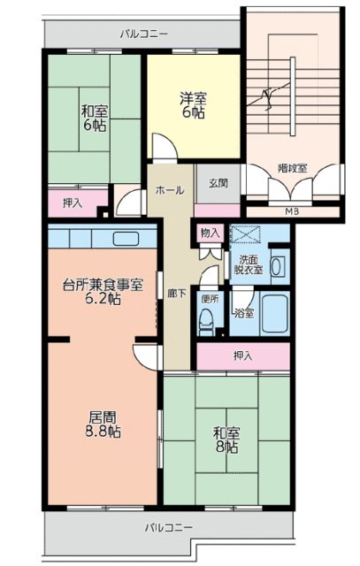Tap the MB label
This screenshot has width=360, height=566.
[x=291, y=210]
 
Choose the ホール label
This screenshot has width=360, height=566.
[x=170, y=189]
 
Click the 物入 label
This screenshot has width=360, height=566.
[x=210, y=233]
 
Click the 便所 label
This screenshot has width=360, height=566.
[x=208, y=298]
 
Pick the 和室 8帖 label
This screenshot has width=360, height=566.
[x=226, y=440]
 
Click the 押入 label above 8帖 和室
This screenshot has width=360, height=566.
[x=242, y=356]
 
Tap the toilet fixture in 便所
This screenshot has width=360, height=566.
[x=208, y=325]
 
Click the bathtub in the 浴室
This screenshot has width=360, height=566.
[x=273, y=313]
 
